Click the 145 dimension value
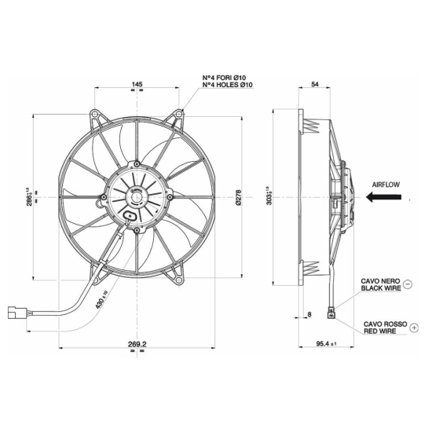point(137,84)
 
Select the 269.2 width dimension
point(137,344)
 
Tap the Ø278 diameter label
point(239,197)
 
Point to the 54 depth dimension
point(315,84)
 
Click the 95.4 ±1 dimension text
point(327,344)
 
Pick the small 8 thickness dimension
point(309,314)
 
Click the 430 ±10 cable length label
point(101,299)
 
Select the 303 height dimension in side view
point(269,196)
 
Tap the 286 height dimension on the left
point(29,196)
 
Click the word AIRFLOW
point(386,185)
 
